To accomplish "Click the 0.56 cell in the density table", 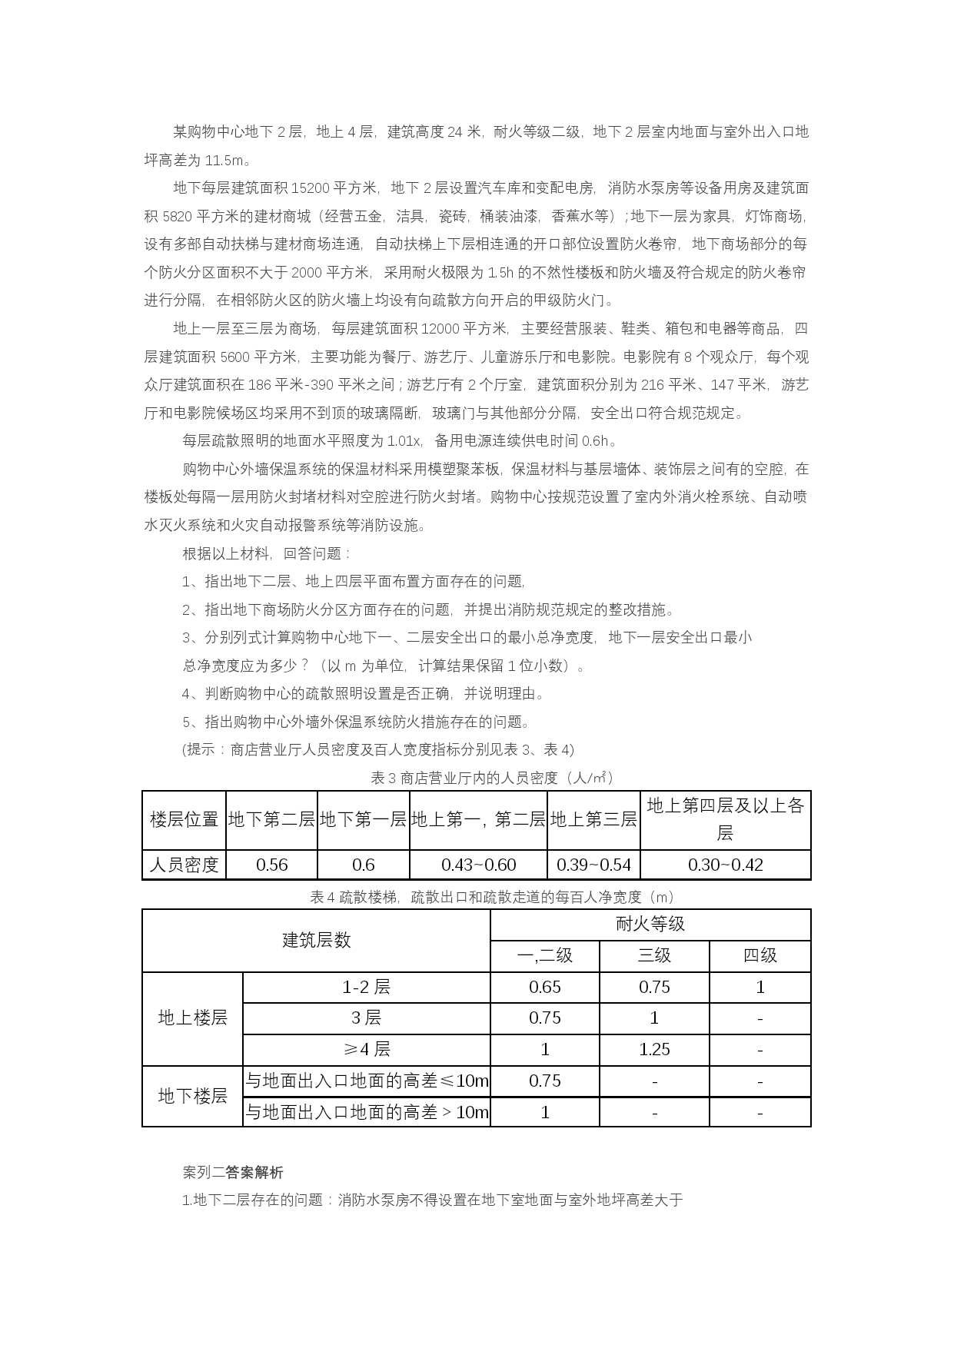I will (x=271, y=865).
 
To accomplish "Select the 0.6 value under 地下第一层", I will (x=363, y=865).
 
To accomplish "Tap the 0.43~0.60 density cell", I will (x=478, y=865).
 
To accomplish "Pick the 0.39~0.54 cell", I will (x=593, y=865).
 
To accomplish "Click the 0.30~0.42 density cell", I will (x=725, y=865).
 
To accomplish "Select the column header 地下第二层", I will (x=271, y=820).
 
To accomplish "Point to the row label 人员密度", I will (x=184, y=865).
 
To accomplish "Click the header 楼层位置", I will (x=184, y=820).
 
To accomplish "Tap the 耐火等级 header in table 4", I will (x=650, y=925).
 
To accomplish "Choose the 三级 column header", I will (x=654, y=956).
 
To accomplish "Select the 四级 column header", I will (x=760, y=956).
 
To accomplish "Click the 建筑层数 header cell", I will (x=316, y=941).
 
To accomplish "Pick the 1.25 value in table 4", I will (x=654, y=1050).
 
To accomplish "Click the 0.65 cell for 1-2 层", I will (x=544, y=988).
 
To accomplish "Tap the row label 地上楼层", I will (x=192, y=1018).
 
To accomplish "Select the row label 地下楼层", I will (x=192, y=1097).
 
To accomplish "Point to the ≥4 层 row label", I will (x=366, y=1050).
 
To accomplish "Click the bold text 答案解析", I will (x=254, y=1173).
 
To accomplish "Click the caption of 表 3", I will (x=492, y=778).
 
